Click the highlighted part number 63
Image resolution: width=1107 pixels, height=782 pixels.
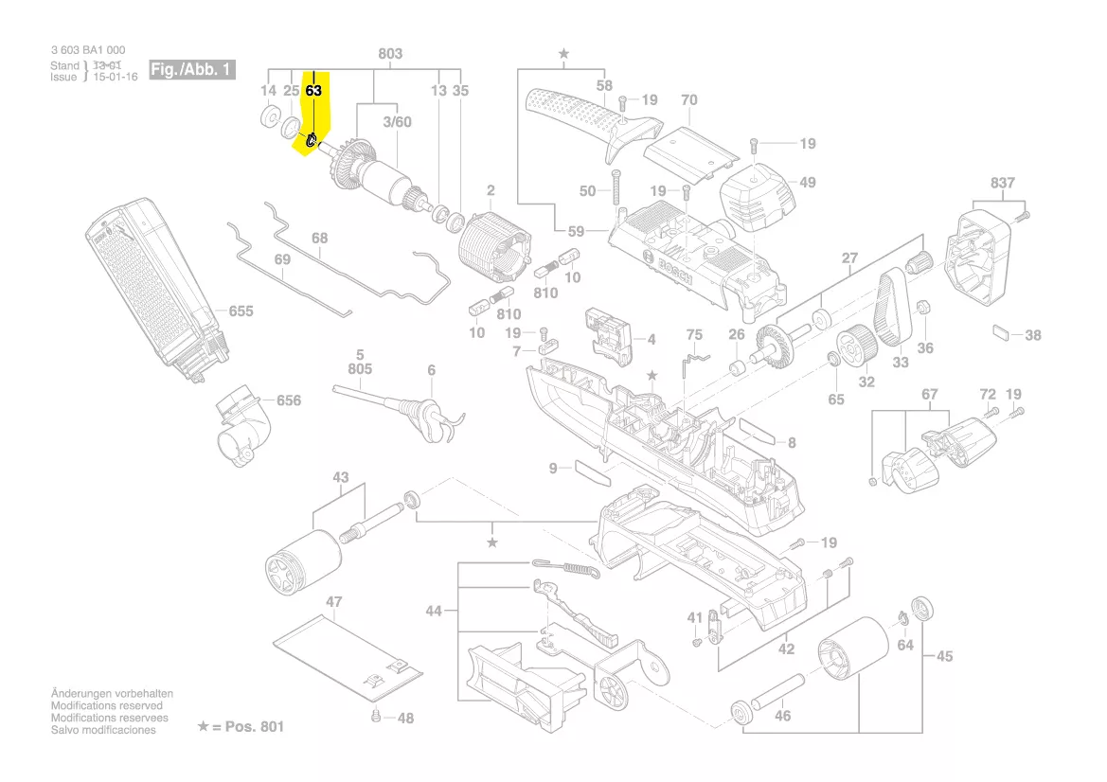coord(314,91)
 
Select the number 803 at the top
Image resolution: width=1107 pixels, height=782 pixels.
coord(390,54)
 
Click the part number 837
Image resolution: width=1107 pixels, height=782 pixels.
coord(1003,183)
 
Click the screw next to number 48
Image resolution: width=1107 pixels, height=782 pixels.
coord(378,717)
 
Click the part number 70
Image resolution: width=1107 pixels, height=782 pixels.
coord(688,99)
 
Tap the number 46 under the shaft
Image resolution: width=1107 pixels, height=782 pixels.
coord(782,716)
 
